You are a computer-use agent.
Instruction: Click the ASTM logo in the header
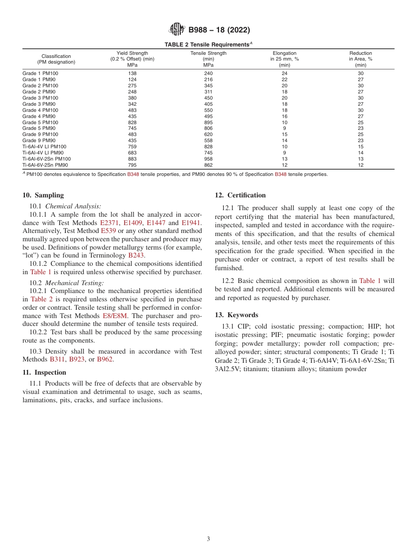point(177,30)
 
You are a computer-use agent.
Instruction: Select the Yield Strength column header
point(132,59)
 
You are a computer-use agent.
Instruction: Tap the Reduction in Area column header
point(360,59)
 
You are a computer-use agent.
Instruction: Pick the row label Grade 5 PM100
point(40,122)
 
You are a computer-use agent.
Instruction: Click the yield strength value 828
point(132,122)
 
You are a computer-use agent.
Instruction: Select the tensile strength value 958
point(208,159)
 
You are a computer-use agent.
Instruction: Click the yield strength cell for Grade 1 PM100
point(132,73)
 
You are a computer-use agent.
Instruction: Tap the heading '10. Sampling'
point(43,195)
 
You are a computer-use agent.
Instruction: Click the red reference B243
point(136,255)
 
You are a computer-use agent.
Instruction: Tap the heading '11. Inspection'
point(44,372)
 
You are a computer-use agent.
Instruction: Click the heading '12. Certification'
point(240,195)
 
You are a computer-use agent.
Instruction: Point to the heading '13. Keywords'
point(236,315)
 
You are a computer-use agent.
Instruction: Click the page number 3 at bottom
point(208,539)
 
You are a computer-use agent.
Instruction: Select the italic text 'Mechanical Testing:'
point(75,283)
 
